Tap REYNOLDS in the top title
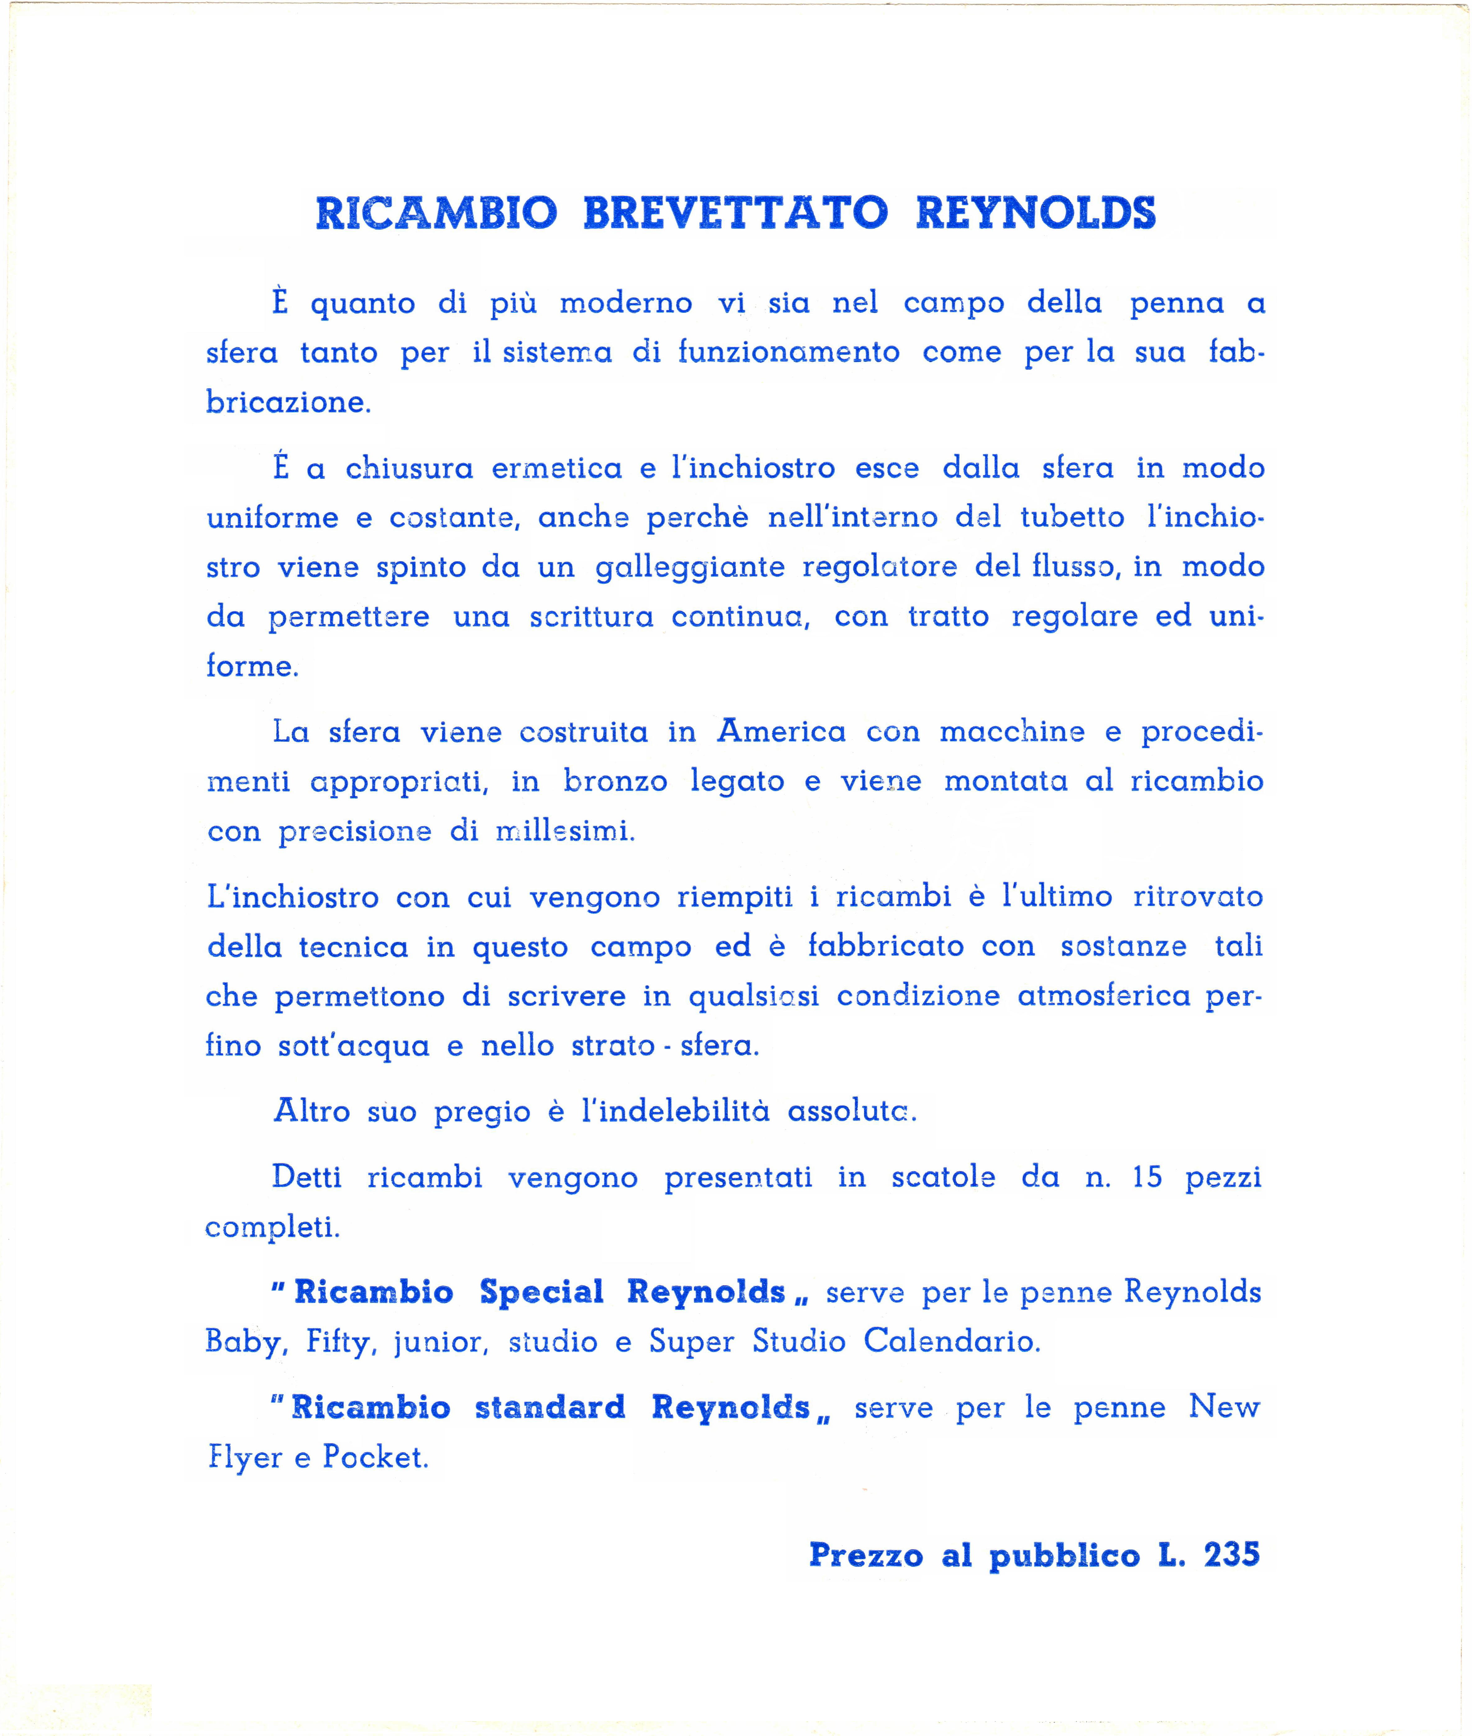1036,214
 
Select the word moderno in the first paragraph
626,303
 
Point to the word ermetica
557,468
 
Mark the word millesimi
565,831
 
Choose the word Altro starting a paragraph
311,1111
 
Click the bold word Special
541,1292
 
